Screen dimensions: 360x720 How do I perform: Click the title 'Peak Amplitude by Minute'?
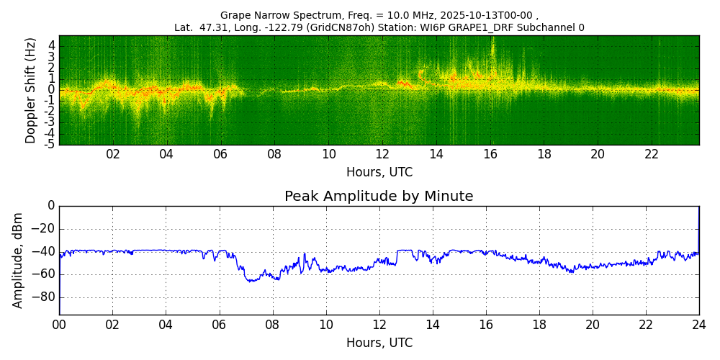pyautogui.click(x=379, y=197)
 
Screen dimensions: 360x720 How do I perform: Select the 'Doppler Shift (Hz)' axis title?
pyautogui.click(x=31, y=90)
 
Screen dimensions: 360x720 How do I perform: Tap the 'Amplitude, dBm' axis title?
pyautogui.click(x=19, y=260)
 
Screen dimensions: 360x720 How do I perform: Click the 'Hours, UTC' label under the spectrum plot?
pyautogui.click(x=379, y=173)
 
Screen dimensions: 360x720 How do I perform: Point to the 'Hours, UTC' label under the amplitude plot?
pyautogui.click(x=379, y=343)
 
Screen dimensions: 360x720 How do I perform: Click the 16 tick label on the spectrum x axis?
pyautogui.click(x=490, y=155)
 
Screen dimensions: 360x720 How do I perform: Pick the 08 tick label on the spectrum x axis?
pyautogui.click(x=274, y=155)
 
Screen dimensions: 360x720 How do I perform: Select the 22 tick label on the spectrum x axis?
pyautogui.click(x=652, y=155)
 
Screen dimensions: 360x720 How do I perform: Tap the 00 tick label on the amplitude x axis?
pyautogui.click(x=59, y=325)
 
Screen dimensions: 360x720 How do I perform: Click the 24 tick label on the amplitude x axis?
pyautogui.click(x=699, y=325)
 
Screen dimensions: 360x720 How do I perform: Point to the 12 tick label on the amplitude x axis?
pyautogui.click(x=379, y=325)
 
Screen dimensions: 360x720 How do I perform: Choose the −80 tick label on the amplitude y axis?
pyautogui.click(x=42, y=297)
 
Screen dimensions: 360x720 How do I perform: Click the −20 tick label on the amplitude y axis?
pyautogui.click(x=42, y=229)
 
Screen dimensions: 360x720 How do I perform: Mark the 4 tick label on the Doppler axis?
pyautogui.click(x=52, y=45)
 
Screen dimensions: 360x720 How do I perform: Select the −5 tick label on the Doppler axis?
pyautogui.click(x=50, y=145)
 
